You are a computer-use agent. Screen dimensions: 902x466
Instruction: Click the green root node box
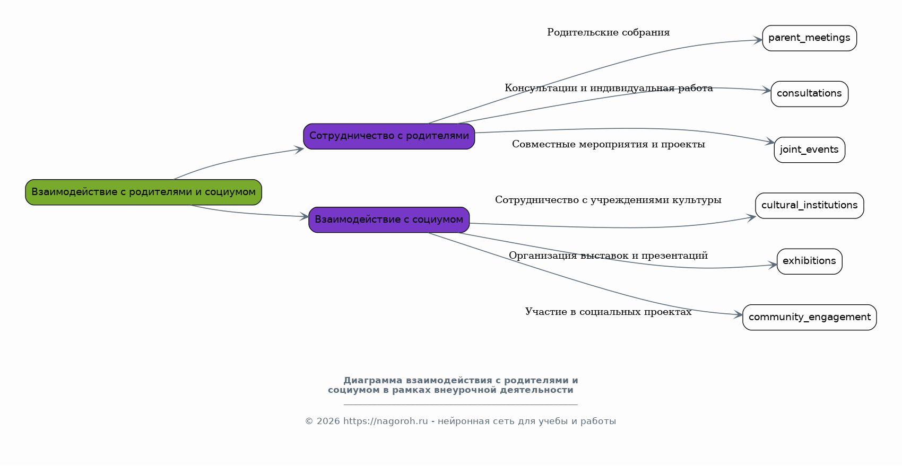[x=143, y=192]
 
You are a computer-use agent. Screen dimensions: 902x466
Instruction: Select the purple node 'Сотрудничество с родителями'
[x=389, y=136]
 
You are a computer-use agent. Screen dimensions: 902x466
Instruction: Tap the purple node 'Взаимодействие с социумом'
[x=389, y=219]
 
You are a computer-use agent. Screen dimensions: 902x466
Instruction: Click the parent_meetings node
[x=809, y=38]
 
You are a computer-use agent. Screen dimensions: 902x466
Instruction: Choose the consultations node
[x=809, y=94]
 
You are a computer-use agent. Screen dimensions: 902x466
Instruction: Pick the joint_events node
[x=809, y=150]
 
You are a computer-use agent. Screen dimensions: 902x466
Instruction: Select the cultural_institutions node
[x=809, y=206]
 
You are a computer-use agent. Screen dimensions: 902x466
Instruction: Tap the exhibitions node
[x=809, y=261]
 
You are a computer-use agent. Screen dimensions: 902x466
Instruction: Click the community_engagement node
[x=809, y=318]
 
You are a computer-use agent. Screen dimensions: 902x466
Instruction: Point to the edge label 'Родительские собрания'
[x=608, y=32]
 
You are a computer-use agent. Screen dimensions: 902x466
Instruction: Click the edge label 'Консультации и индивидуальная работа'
[x=609, y=88]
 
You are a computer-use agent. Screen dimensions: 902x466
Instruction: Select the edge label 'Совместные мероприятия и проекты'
[x=609, y=144]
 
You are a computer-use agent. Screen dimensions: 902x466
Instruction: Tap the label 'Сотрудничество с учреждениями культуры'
[x=608, y=200]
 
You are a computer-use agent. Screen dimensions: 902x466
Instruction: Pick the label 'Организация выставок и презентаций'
[x=608, y=256]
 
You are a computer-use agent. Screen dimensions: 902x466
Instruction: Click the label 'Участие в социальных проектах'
[x=608, y=312]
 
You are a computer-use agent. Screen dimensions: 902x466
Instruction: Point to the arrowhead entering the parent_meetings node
[x=758, y=40]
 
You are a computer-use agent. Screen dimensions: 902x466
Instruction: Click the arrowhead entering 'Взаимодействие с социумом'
[x=304, y=216]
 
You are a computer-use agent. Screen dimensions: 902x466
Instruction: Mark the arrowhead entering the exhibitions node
[x=772, y=265]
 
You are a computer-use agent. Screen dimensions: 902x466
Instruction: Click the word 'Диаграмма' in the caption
[x=372, y=381]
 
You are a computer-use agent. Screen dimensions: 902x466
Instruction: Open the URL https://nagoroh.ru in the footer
[x=385, y=421]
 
